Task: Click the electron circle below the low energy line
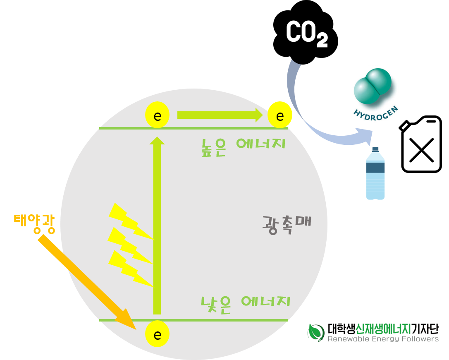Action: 157,334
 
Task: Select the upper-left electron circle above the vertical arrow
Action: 157,115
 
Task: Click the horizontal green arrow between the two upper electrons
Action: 219,115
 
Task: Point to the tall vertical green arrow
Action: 157,228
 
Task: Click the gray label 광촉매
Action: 287,224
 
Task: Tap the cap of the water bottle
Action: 375,149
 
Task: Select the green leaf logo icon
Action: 316,332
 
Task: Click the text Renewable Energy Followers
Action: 383,339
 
